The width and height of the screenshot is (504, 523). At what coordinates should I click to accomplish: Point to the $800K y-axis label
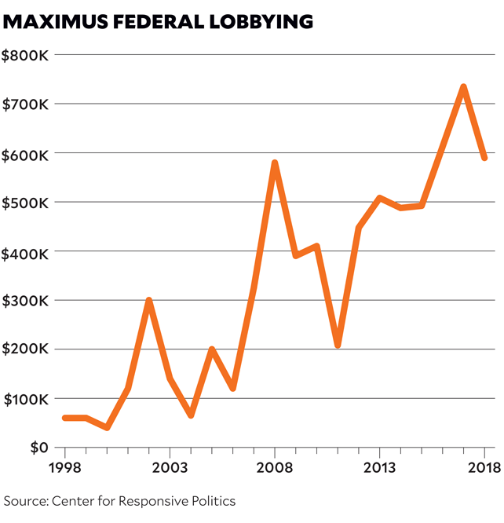pyautogui.click(x=27, y=55)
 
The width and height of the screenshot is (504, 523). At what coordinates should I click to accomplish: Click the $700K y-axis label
pyautogui.click(x=27, y=104)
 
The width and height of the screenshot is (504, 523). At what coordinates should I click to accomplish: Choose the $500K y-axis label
pyautogui.click(x=27, y=203)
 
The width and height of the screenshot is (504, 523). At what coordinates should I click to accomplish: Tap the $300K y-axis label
pyautogui.click(x=27, y=301)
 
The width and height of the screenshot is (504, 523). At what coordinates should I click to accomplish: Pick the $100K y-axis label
pyautogui.click(x=27, y=399)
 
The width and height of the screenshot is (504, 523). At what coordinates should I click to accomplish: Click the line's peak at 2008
pyautogui.click(x=275, y=163)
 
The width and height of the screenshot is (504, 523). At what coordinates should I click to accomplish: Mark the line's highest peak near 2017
pyautogui.click(x=464, y=86)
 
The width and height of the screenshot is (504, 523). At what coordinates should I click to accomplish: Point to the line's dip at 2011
pyautogui.click(x=338, y=345)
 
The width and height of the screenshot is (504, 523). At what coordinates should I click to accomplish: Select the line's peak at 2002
pyautogui.click(x=148, y=300)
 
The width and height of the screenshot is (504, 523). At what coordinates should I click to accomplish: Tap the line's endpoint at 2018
pyautogui.click(x=485, y=158)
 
